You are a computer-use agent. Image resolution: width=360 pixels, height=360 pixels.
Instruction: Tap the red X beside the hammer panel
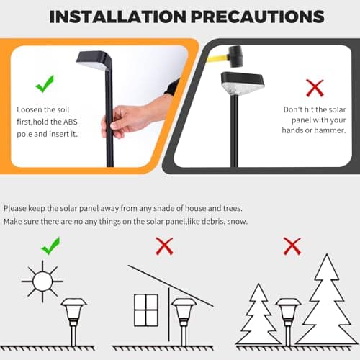(x=314, y=88)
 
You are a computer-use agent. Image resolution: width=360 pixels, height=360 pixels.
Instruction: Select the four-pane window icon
(x=145, y=310)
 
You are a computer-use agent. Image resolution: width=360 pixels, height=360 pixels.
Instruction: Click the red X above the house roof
(x=164, y=247)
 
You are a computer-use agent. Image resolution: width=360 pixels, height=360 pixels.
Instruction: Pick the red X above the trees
(x=292, y=247)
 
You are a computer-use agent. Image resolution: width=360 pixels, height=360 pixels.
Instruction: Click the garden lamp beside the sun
(x=73, y=317)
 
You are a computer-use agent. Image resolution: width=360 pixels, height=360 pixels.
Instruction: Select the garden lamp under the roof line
(x=183, y=317)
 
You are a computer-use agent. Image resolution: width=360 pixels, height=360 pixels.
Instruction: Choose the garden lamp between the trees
(x=288, y=317)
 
